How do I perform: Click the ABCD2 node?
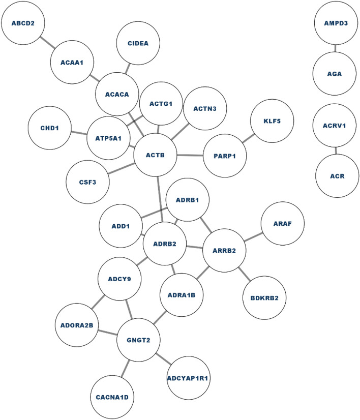[22, 22]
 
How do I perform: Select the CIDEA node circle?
[139, 43]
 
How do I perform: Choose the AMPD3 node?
[336, 22]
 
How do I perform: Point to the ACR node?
[337, 176]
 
